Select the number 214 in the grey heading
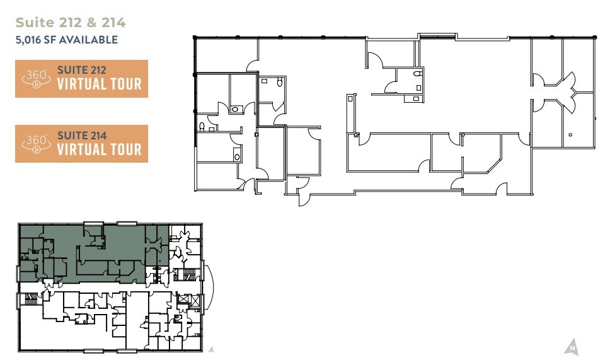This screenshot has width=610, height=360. [115, 23]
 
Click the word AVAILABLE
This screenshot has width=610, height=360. [89, 40]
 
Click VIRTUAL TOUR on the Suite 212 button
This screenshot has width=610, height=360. [99, 84]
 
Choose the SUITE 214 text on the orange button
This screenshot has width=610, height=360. [82, 136]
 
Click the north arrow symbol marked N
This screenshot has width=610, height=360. [572, 346]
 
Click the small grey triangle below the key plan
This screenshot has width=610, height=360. [212, 347]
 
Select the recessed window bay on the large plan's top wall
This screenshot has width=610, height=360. [430, 35]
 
